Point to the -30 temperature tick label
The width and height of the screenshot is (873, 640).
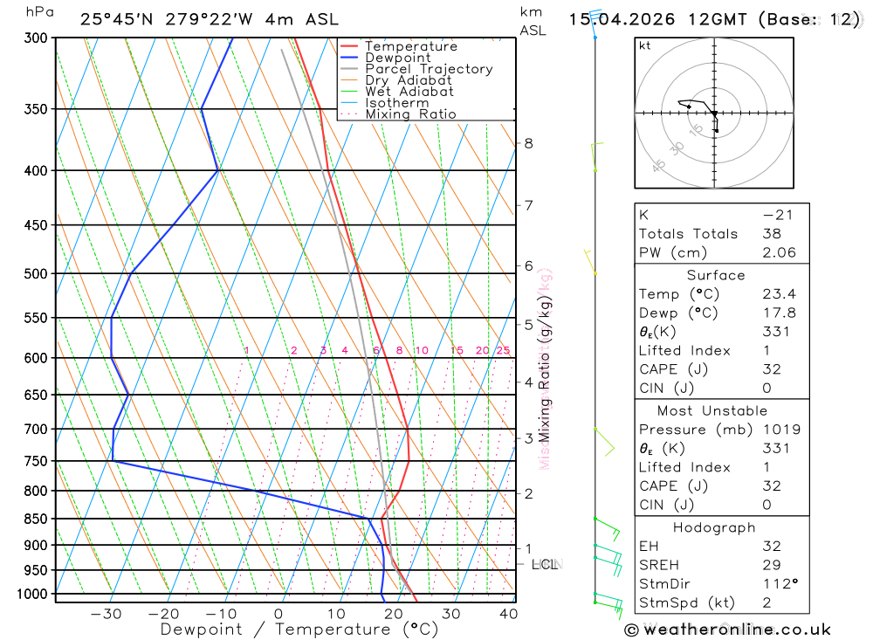pos(106,614)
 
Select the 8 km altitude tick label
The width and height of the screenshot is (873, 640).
pos(528,143)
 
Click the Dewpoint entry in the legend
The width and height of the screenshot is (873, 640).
pos(398,58)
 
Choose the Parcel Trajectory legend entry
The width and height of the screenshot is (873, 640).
pos(429,69)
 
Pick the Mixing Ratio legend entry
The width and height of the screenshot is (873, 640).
pos(410,114)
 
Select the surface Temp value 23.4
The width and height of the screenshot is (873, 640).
pos(779,294)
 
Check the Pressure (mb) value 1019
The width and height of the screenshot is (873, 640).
pos(779,430)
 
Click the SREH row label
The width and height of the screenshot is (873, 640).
pos(658,565)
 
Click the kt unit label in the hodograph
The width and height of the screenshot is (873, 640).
pos(645,45)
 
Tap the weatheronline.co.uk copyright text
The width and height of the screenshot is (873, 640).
pos(728,630)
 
